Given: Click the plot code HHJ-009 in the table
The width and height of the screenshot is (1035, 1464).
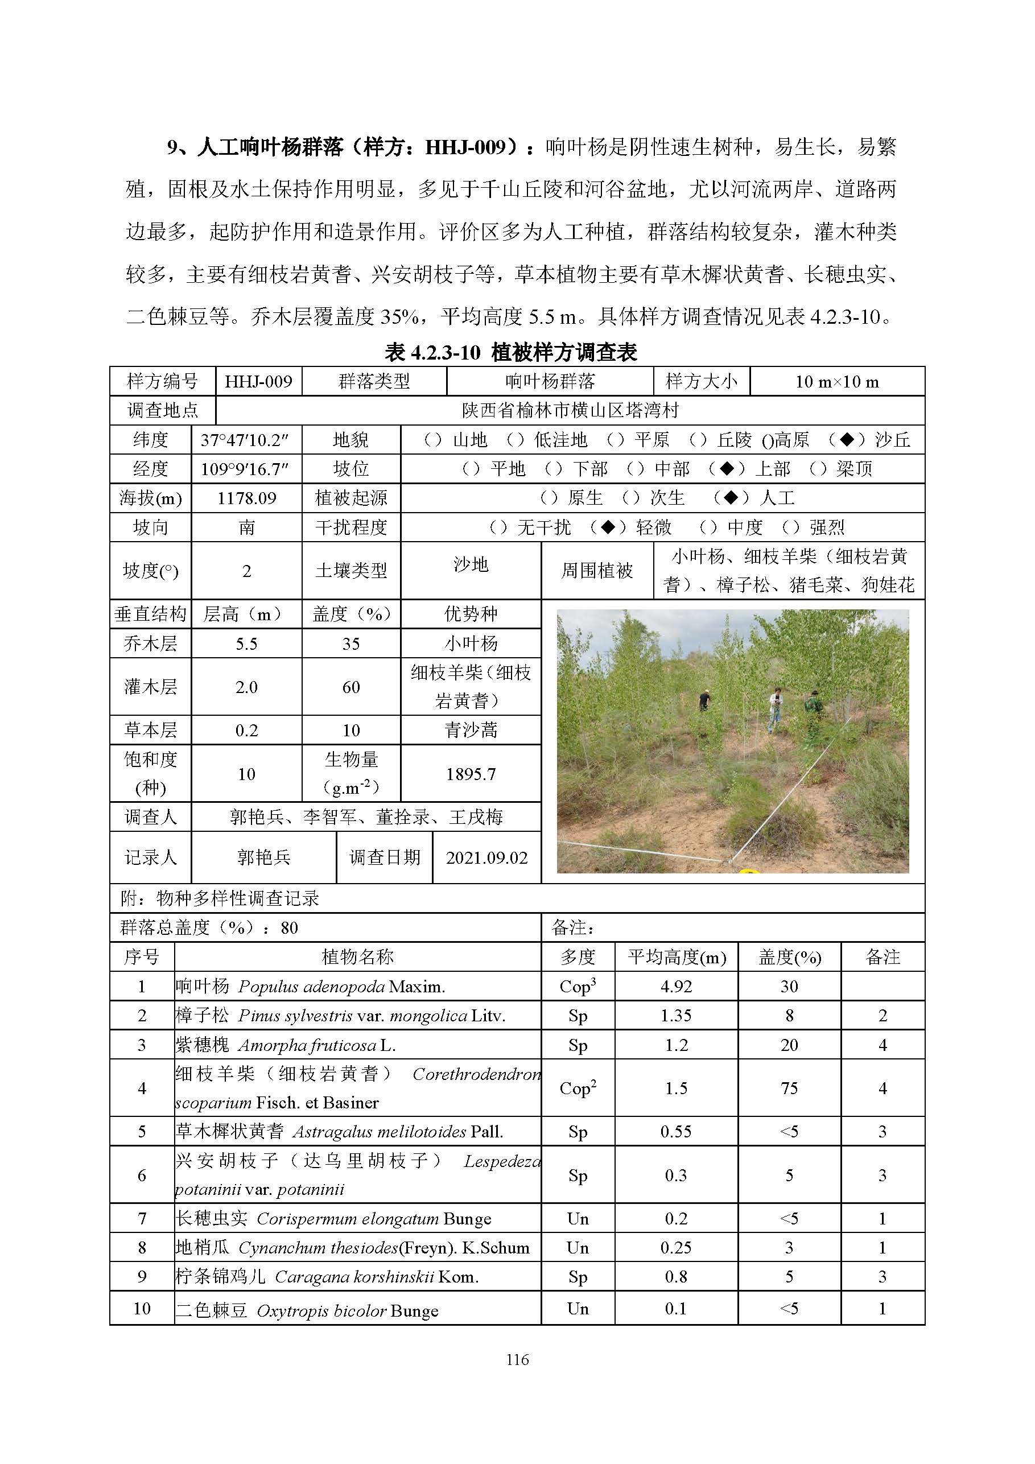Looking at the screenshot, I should [258, 381].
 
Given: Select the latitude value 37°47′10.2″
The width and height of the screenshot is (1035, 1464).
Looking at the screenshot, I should [245, 440].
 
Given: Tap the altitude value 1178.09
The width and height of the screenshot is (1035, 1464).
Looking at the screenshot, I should [246, 498].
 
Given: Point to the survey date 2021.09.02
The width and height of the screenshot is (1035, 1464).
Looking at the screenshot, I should [486, 857].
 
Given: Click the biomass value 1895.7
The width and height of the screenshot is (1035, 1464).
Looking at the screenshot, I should [471, 774].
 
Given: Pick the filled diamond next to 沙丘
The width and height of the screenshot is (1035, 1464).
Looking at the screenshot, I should [847, 439].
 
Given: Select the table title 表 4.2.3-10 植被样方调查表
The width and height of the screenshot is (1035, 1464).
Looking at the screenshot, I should [511, 352].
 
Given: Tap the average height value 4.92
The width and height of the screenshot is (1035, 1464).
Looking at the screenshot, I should [676, 987].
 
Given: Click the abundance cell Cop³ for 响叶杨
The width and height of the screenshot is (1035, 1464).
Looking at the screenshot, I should [577, 987].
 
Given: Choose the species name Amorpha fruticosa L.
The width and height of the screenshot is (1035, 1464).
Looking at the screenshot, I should [316, 1045].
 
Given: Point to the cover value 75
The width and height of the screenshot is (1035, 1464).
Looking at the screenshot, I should [789, 1088].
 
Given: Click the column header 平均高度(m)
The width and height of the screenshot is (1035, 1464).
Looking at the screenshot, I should [677, 957].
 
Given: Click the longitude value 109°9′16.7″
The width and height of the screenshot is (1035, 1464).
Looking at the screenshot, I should [245, 469].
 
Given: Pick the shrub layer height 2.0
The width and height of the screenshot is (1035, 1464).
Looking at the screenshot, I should [246, 687].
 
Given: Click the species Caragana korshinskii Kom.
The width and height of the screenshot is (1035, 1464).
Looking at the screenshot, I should [376, 1277].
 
